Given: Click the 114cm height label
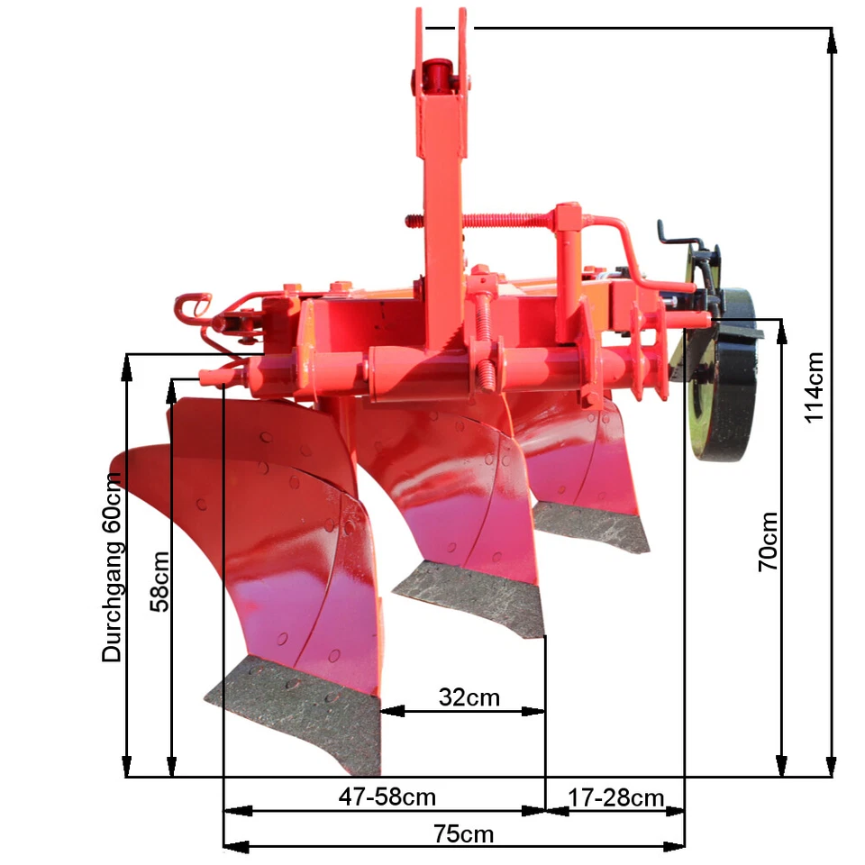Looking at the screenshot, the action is coord(815,387).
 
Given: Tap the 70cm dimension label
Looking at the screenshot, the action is coord(768,542).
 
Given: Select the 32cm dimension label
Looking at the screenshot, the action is coord(469,697).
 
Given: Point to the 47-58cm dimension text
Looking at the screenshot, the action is coord(387,797).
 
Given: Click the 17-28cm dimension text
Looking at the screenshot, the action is coord(615,797).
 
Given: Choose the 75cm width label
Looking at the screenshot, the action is coord(463,833).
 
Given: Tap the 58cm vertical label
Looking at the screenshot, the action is coord(159,581).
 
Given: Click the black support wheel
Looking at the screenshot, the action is coord(724,374).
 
